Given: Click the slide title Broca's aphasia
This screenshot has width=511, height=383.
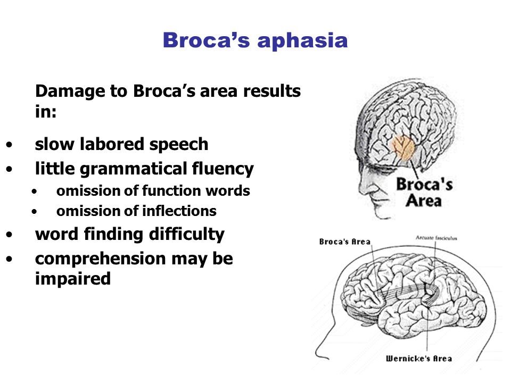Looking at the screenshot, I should [x=255, y=40].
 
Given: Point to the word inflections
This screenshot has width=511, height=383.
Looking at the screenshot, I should [x=182, y=212].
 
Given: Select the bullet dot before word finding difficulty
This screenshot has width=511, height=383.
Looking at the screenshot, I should [x=9, y=235].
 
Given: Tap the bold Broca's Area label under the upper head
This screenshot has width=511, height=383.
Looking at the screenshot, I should [x=423, y=193].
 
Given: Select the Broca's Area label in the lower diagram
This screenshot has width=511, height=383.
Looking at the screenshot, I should [x=344, y=242].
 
